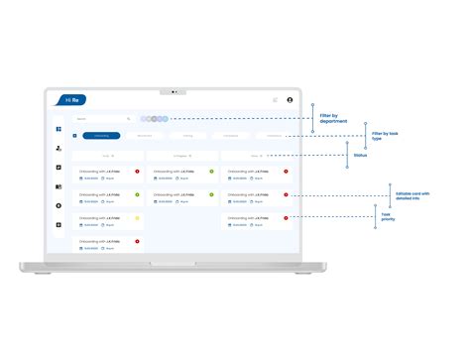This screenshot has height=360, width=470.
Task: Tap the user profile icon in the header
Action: [x=290, y=100]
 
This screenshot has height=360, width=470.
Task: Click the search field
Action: [x=102, y=119]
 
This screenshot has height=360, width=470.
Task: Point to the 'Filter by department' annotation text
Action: [x=335, y=120]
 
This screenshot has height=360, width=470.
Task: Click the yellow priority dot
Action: [x=137, y=217]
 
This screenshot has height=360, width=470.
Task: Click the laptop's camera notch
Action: [x=173, y=91]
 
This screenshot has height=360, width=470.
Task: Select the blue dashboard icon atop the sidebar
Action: [x=59, y=130]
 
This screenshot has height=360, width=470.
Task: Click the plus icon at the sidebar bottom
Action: [x=59, y=224]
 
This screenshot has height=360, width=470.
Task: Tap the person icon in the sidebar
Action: [x=59, y=149]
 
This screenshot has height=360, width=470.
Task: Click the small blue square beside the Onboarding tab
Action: [x=74, y=135]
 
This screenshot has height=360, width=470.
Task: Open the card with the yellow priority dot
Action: [x=108, y=221]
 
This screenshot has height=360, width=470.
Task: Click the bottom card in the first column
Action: [x=108, y=244]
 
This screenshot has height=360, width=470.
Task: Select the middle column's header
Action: [x=181, y=156]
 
